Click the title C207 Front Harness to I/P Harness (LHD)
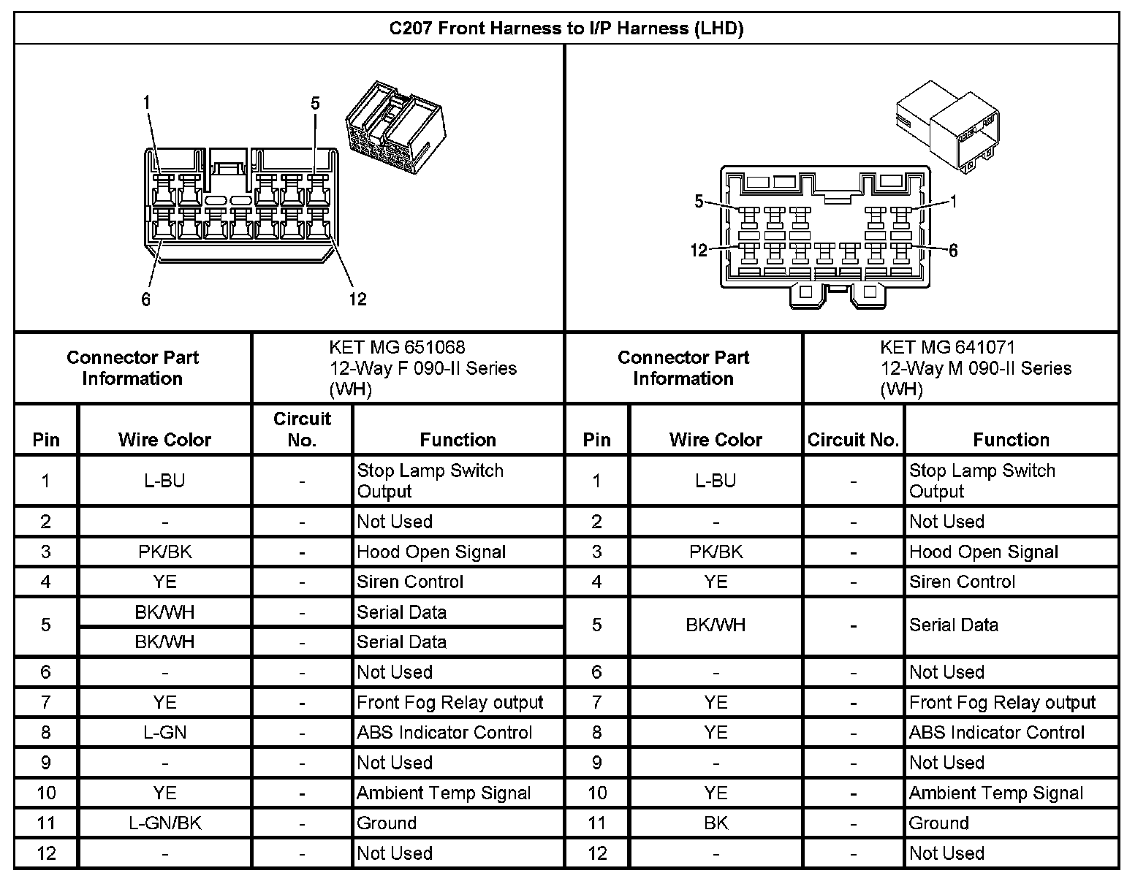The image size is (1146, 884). coord(566,29)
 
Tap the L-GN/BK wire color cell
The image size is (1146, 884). coord(164,823)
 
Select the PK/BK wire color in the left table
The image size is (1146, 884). coord(164,552)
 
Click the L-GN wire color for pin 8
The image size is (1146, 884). coord(164,732)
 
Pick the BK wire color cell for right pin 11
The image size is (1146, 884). coord(716,823)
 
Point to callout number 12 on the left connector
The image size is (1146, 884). coord(357,299)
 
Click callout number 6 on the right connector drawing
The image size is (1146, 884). coord(953,251)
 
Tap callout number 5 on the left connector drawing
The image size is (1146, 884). coord(315,103)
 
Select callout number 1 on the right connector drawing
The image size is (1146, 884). coord(953,202)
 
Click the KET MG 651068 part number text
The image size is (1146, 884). coord(397,347)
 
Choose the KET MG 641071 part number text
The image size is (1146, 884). coord(947,347)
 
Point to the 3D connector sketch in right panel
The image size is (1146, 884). coord(947,124)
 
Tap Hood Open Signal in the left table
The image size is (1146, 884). coord(431,552)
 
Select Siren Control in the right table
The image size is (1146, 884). coord(962,582)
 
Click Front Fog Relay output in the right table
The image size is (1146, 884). coord(1002,702)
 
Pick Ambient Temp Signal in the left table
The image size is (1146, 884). coord(444,793)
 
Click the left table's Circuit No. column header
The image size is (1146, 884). coord(302,429)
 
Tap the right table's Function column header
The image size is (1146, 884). coord(1011,439)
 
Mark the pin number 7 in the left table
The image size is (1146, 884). coord(46,702)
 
